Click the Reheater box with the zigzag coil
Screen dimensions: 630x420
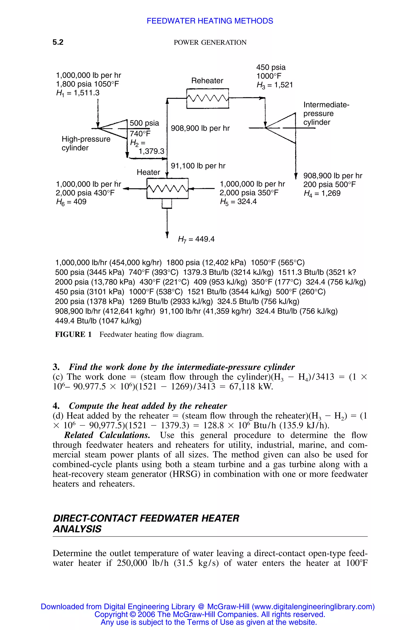[208, 99]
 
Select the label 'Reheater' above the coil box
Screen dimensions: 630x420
[207, 81]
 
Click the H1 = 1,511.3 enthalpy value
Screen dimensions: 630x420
[78, 93]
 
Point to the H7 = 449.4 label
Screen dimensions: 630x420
[196, 239]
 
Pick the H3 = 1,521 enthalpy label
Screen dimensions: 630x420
[275, 85]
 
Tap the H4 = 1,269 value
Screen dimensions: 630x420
[322, 193]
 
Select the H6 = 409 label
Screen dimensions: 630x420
[71, 202]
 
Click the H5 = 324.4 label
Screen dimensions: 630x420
[238, 201]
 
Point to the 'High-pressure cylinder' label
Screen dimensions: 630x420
[86, 143]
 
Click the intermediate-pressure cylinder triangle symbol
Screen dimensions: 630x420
[281, 128]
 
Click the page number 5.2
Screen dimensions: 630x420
[58, 42]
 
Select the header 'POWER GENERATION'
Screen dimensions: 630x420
[210, 43]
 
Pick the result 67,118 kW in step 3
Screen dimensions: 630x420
[251, 387]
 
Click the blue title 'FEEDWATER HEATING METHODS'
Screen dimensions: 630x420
[210, 21]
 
